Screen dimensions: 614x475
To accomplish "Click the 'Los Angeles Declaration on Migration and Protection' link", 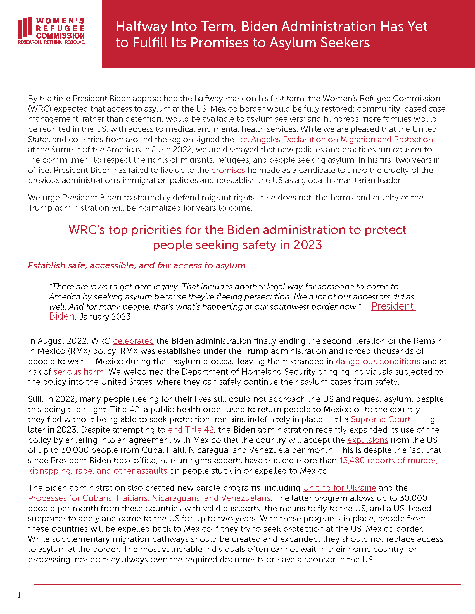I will pos(334,140).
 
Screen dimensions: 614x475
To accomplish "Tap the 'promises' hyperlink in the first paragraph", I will pos(228,170).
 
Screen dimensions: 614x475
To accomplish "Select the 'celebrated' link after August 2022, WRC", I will pos(133,341).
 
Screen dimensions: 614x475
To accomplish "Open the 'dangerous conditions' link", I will pos(378,361).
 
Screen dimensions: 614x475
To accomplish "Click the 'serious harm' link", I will pos(79,372).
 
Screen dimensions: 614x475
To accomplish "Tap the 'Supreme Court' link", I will pos(381,419).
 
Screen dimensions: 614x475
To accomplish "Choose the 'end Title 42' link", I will pos(191,430).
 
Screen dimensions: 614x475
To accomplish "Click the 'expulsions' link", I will pos(367,440).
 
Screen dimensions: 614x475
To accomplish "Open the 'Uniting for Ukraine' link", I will pos(339,488).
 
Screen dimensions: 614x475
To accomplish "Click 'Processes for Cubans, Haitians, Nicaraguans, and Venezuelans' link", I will pos(149,498).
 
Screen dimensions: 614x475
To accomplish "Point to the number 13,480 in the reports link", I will pos(352,461).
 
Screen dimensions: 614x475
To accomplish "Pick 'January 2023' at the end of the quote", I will pos(105,317).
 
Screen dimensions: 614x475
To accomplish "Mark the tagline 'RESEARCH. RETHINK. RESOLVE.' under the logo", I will pos(51,42).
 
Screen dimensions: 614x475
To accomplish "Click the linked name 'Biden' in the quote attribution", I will pos(62,316).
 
